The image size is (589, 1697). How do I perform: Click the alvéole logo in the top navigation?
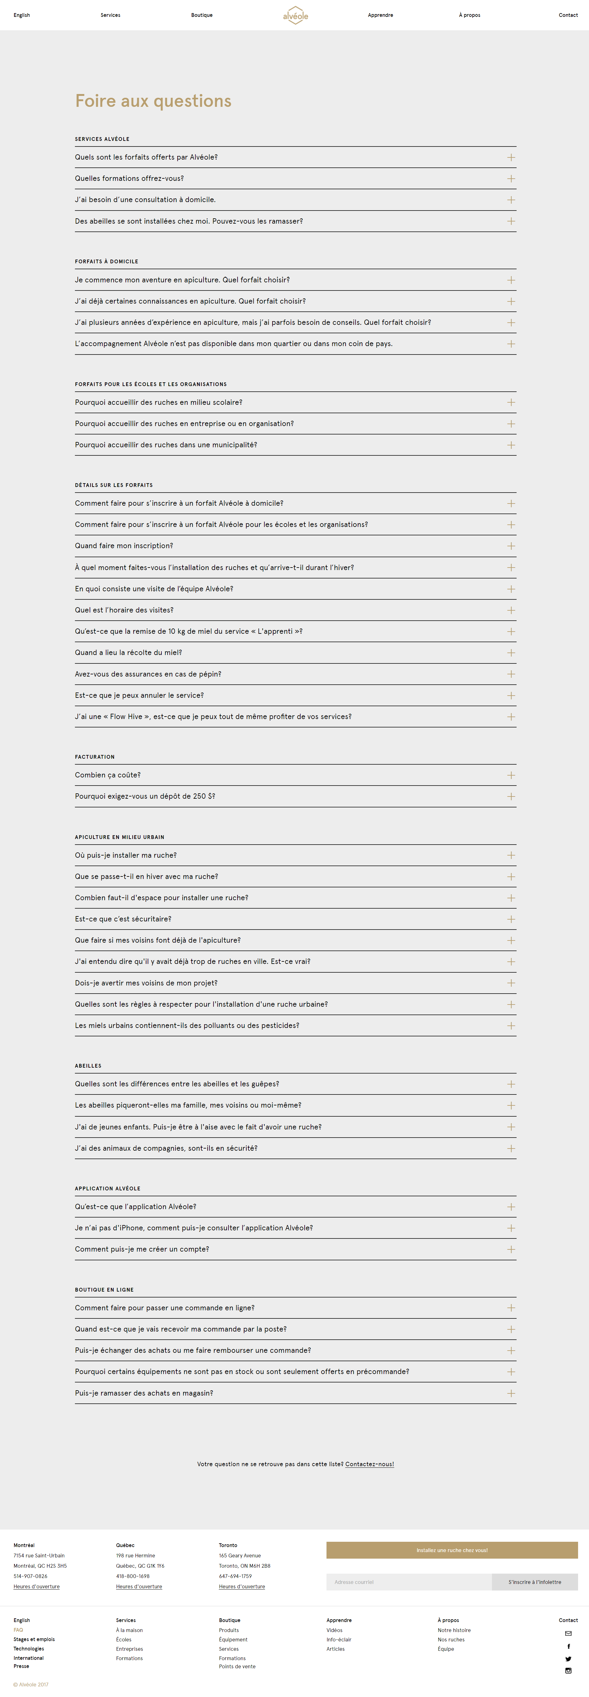[296, 15]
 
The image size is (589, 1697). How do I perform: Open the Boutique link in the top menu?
[201, 15]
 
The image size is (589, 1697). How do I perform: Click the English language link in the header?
[22, 15]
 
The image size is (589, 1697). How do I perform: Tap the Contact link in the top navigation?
[568, 15]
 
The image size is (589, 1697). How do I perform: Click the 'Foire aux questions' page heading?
[153, 101]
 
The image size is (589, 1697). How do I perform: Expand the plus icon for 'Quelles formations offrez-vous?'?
[511, 179]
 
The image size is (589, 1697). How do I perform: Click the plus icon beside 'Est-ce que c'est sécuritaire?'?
[511, 919]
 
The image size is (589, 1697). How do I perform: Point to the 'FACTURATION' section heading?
[95, 757]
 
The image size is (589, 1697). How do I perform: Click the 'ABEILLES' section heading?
[88, 1065]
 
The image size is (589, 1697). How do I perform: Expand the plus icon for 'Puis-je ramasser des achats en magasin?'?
[511, 1393]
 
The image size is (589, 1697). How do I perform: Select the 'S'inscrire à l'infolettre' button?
[534, 1582]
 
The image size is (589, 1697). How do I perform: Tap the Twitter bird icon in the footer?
[568, 1659]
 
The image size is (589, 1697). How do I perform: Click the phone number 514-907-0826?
[30, 1576]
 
